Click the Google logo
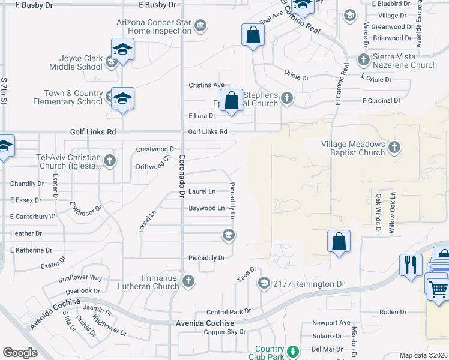(x=20, y=353)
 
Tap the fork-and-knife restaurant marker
(x=411, y=265)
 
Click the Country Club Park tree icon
(x=293, y=351)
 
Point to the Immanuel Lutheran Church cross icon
(x=188, y=281)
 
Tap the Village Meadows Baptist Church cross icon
(x=394, y=147)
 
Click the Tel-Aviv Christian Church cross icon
(x=109, y=160)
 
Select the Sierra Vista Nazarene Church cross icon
(x=363, y=59)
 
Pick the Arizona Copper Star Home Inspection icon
(x=200, y=25)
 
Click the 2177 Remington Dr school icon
(x=264, y=283)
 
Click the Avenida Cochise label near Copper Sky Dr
(x=200, y=323)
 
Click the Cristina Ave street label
(x=206, y=85)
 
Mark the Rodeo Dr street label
(x=394, y=312)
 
